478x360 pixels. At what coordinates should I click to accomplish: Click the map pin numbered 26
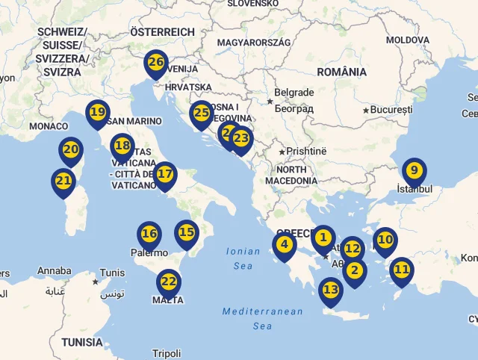pos(156,63)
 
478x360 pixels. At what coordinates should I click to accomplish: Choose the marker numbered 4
pos(284,244)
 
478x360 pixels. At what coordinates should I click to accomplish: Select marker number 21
pos(63,181)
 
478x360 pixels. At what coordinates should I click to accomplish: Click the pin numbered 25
pos(201,114)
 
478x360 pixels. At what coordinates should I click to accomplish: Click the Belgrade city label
pos(294,93)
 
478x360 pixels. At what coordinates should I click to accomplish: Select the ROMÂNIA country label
pos(341,72)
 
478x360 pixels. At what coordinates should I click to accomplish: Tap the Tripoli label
pos(166,353)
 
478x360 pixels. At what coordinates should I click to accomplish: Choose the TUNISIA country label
pos(82,342)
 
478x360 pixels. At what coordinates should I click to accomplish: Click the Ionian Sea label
pos(243,258)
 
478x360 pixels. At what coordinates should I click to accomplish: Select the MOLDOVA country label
pos(408,40)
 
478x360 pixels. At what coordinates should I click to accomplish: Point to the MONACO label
pos(49,126)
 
